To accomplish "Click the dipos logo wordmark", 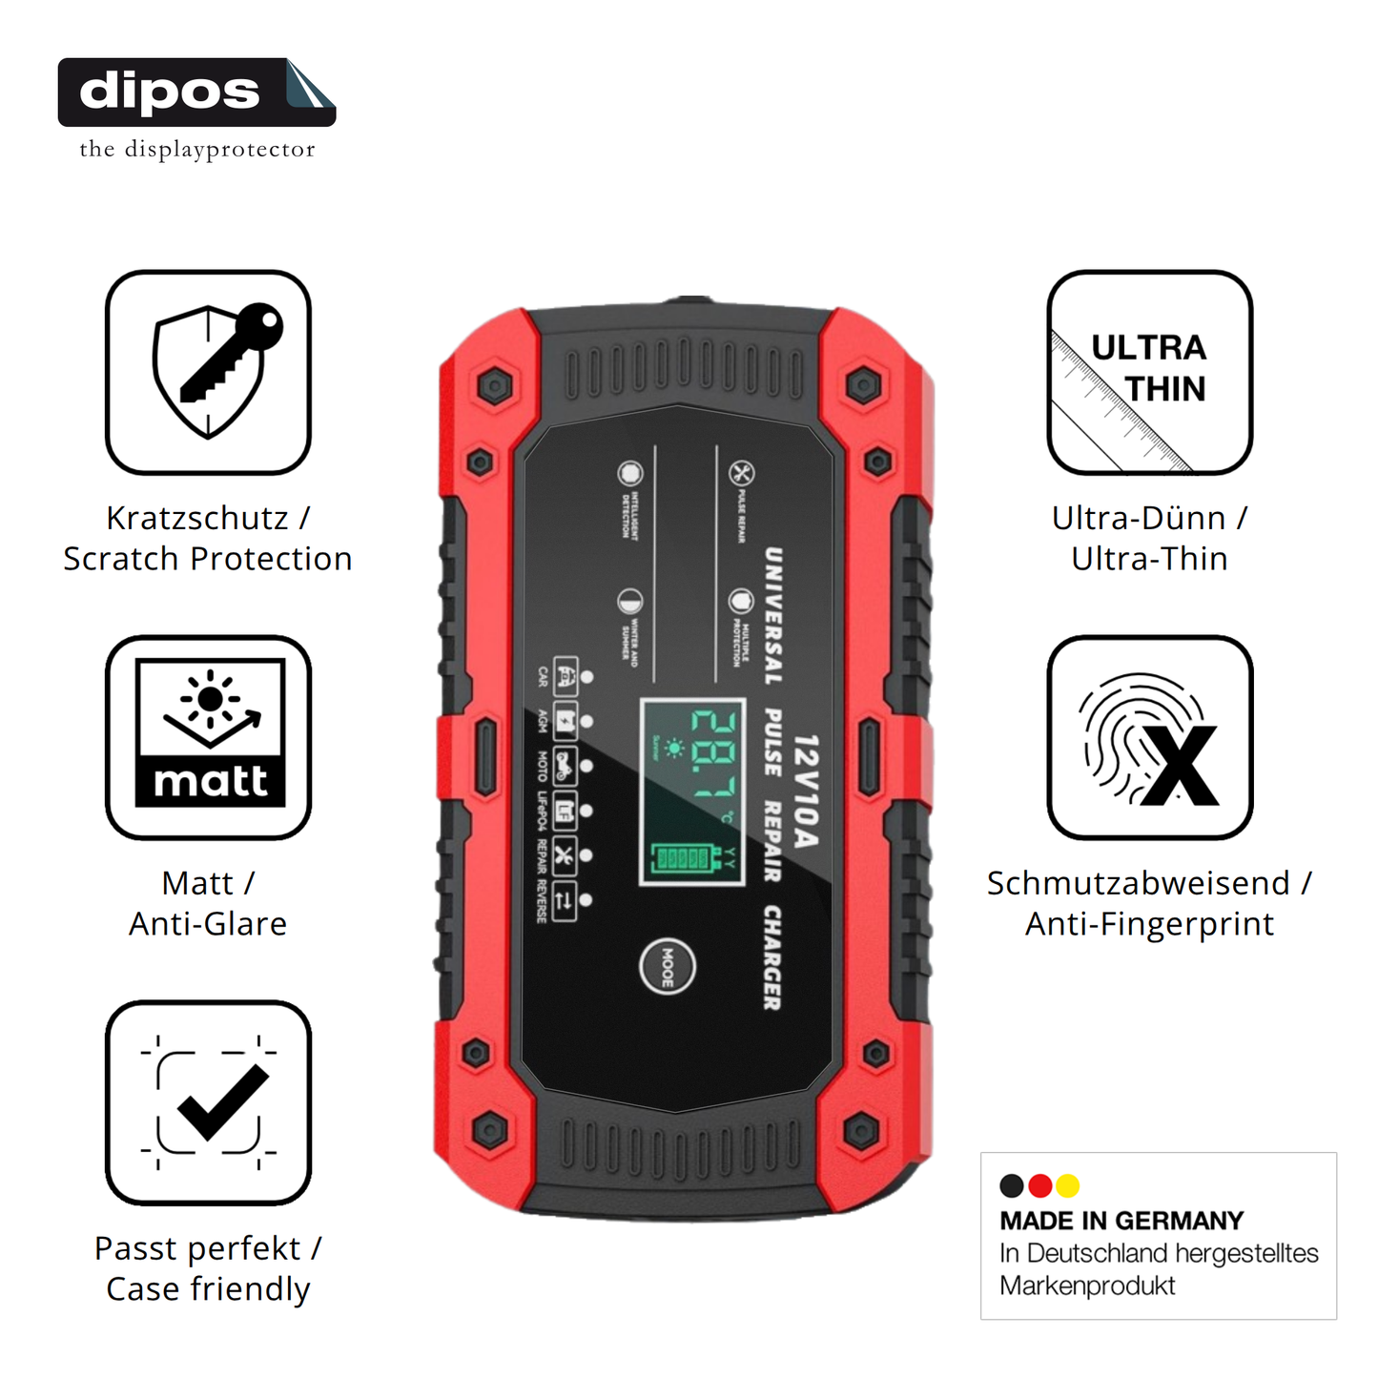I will [170, 93].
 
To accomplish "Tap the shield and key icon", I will [208, 372].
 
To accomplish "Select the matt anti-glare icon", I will [208, 737].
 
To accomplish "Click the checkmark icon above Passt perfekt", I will [208, 1102].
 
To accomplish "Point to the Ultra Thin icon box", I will [1149, 372].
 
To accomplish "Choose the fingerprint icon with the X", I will [1149, 737].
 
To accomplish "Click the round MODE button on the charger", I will [667, 966].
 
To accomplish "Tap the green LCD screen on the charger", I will [691, 791].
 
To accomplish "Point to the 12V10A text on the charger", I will [806, 791].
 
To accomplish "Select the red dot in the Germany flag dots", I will [1040, 1185].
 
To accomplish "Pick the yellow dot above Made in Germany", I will [1068, 1185].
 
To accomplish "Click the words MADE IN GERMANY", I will [1121, 1221].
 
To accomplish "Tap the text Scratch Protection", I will [208, 559].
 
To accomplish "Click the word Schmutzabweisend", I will [1138, 883].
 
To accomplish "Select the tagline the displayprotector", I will [196, 150].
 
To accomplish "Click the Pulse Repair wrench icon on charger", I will [741, 473].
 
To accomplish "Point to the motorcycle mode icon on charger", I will [564, 765].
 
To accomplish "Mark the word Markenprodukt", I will [1087, 1285].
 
